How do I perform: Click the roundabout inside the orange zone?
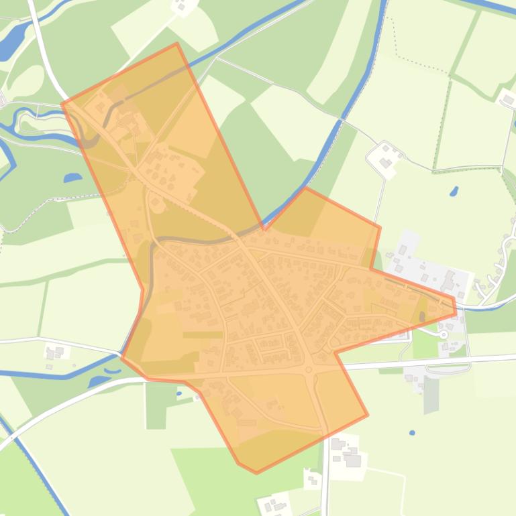pos(309,369)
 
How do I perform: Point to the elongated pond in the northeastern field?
pos(454,173)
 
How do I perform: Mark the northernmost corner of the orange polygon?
pos(176,44)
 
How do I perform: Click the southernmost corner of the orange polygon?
pos(256,473)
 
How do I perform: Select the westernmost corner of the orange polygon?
pos(62,103)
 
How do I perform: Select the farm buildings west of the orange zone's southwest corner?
pos(55,352)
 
